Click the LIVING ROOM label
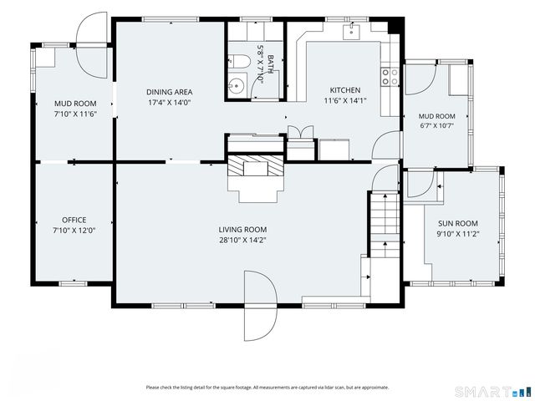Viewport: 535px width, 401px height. (x=242, y=230)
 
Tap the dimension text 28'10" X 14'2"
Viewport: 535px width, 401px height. (x=242, y=240)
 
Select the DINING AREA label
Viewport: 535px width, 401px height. (x=169, y=92)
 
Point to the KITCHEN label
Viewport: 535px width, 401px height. (x=345, y=90)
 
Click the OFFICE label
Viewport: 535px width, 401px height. (x=74, y=220)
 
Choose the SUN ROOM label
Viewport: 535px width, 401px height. (x=458, y=224)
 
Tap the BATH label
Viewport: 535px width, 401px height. (x=271, y=64)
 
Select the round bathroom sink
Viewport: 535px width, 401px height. (x=236, y=85)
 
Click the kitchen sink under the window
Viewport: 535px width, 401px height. (x=351, y=32)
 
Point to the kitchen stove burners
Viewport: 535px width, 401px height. (x=390, y=77)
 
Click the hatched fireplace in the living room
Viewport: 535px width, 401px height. (x=256, y=165)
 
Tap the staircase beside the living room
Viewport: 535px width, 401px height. (x=385, y=225)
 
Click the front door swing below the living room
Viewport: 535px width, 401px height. (x=260, y=306)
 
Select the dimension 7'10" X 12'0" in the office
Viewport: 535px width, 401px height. (x=74, y=231)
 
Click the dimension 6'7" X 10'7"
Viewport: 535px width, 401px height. (x=436, y=125)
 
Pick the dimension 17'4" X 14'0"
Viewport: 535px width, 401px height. (x=169, y=102)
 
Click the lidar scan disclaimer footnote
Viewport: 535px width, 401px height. (x=267, y=388)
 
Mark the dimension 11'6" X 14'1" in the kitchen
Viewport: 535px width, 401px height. (x=345, y=100)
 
